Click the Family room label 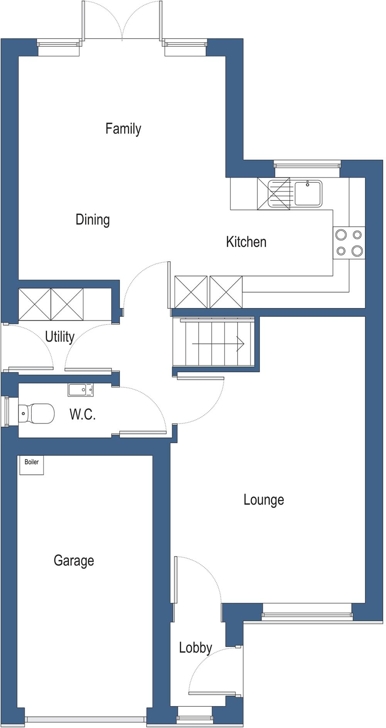[x=123, y=129]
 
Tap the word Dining [x=93, y=220]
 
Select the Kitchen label [x=246, y=242]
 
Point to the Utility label [x=59, y=337]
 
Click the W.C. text [x=83, y=414]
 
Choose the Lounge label [x=263, y=500]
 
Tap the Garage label [x=74, y=560]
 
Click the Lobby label [x=195, y=647]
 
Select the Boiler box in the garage [x=32, y=465]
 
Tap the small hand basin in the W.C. [x=81, y=390]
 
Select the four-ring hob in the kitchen [x=349, y=243]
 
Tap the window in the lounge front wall [x=307, y=616]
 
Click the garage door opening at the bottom [x=86, y=719]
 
